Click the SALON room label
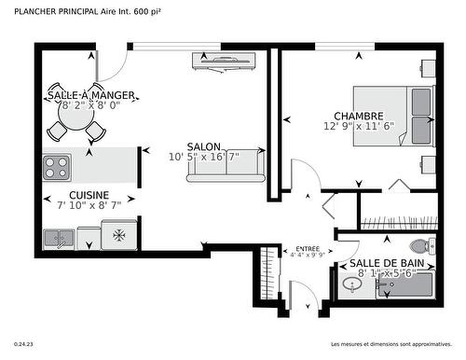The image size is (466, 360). [x=203, y=146]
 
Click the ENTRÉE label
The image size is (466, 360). [x=308, y=248]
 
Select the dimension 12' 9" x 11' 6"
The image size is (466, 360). [x=360, y=126]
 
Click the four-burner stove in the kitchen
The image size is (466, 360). [x=57, y=167]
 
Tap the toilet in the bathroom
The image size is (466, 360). [x=420, y=247]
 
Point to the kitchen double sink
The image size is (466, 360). [x=61, y=238]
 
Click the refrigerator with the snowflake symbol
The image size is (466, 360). [x=119, y=235]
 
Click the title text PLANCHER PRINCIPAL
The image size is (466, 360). [x=49, y=12]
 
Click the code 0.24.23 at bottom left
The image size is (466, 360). [x=25, y=344]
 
